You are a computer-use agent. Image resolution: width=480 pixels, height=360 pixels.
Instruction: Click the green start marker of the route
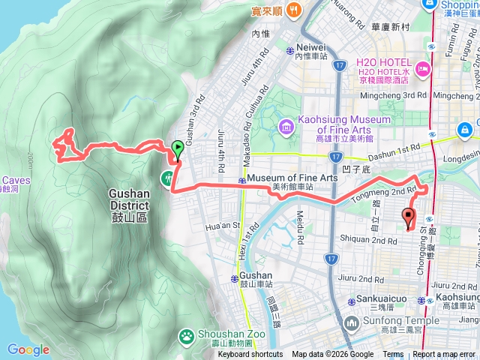177,148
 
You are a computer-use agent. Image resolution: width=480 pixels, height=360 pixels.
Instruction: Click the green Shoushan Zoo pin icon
184,336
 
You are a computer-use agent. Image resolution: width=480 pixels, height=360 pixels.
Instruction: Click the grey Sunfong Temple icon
350,322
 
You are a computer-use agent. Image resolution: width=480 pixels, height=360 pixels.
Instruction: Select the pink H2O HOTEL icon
423,70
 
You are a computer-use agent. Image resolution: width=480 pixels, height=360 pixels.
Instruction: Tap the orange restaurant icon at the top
293,11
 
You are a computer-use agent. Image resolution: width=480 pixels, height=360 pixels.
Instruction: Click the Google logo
28,349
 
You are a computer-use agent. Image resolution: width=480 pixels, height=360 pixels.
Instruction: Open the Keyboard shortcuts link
250,355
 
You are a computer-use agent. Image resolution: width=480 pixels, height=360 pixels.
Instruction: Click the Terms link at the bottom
393,355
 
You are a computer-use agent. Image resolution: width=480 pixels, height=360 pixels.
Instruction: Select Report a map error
445,355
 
